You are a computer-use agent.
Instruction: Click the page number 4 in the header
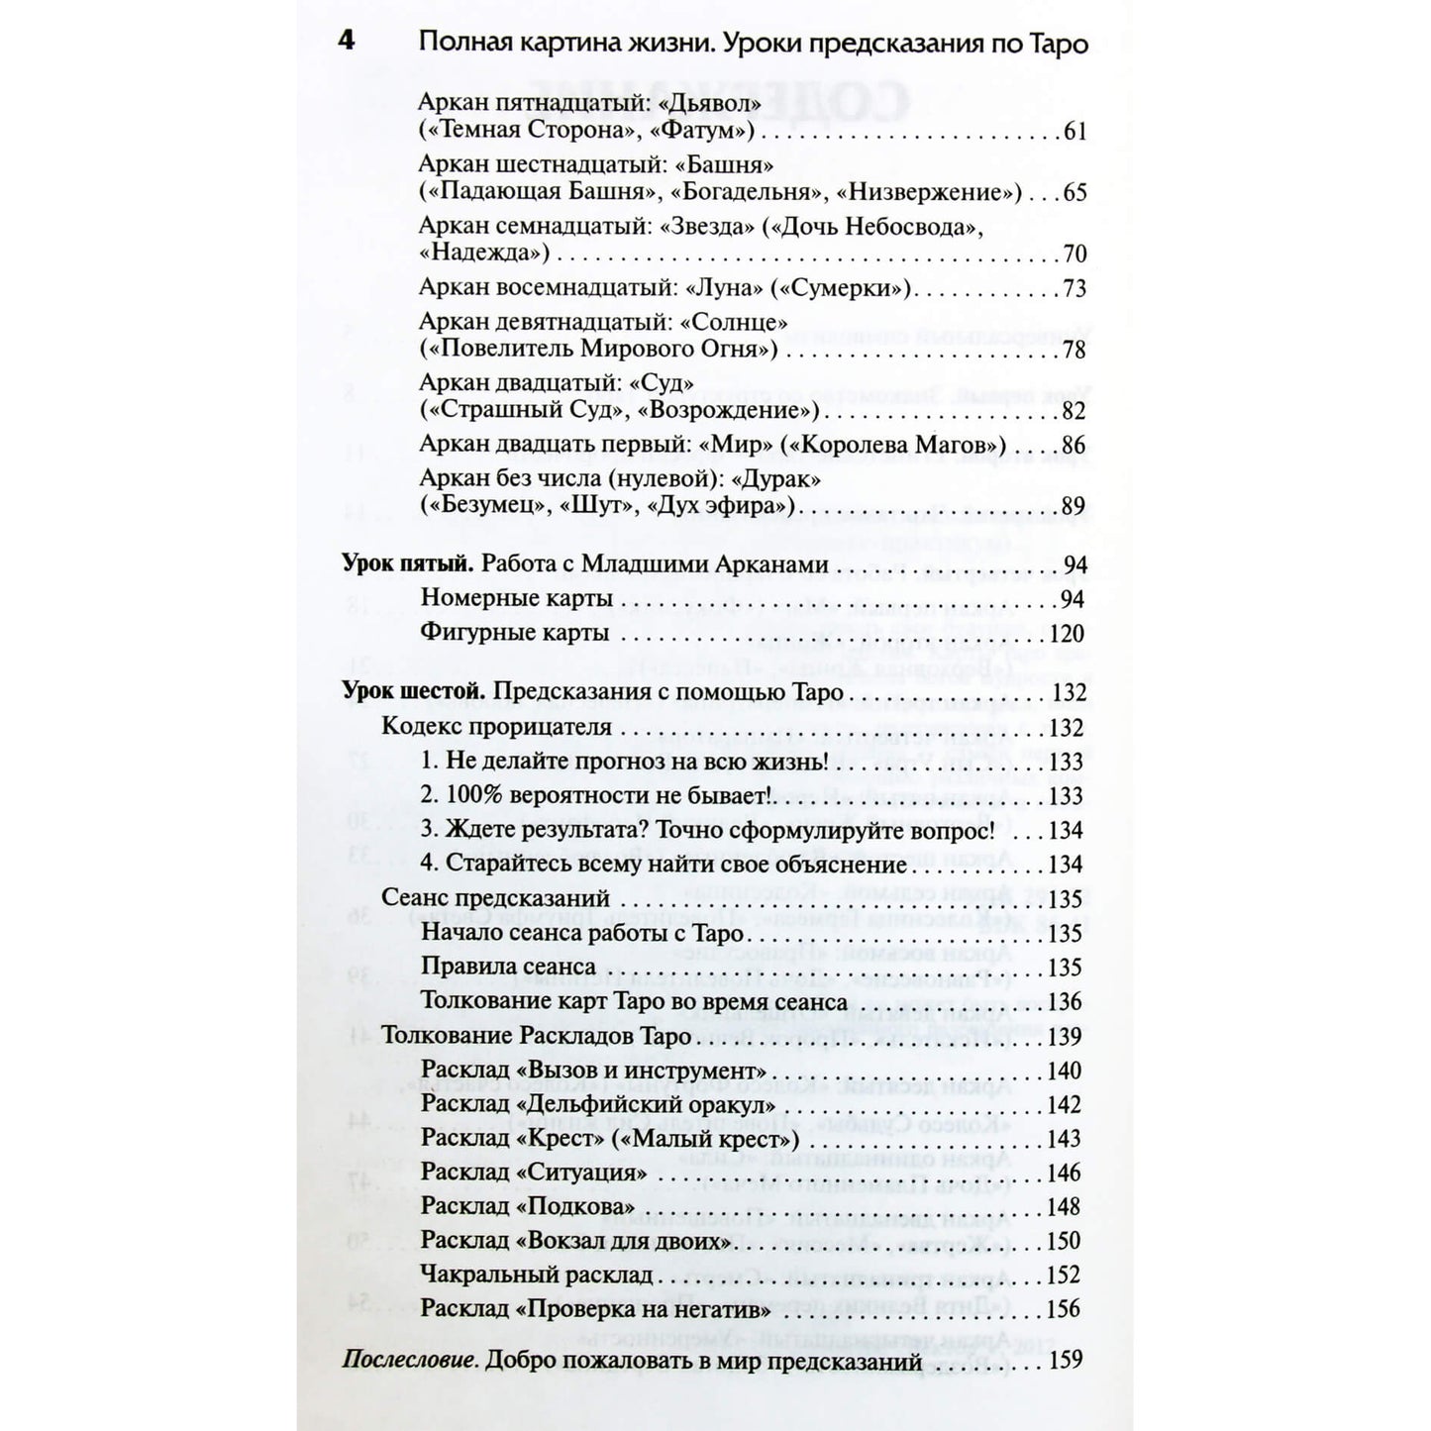[347, 43]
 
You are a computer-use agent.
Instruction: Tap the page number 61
[1074, 131]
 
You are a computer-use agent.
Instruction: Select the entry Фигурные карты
[515, 633]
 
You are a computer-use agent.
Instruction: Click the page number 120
[1067, 633]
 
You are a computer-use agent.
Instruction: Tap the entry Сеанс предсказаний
[495, 899]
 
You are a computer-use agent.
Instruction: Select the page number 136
[1065, 1001]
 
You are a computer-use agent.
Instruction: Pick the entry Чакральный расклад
[537, 1275]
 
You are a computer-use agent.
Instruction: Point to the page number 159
[1066, 1360]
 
